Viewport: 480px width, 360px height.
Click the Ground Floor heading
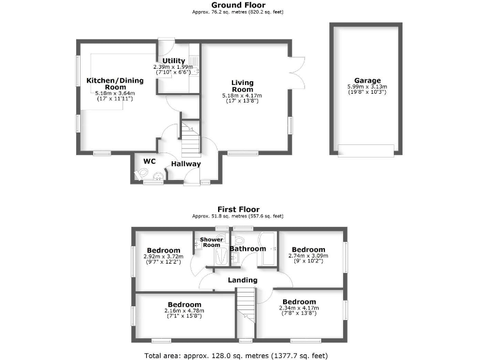239,5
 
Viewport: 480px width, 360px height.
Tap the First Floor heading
239,209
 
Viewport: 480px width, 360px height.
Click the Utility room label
174,61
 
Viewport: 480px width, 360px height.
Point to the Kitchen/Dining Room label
115,84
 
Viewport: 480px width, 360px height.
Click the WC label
149,161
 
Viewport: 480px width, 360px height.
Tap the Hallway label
186,164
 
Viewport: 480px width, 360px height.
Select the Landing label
241,280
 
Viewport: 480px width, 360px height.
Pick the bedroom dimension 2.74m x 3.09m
308,256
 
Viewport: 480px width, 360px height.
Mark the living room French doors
297,71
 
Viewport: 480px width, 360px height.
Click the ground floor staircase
191,139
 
